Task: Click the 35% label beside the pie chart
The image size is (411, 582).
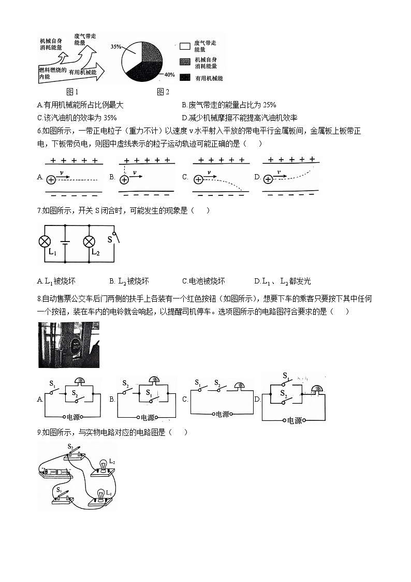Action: [x=115, y=47]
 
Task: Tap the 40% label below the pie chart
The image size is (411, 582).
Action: [x=169, y=75]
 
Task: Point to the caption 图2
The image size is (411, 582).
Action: [x=163, y=92]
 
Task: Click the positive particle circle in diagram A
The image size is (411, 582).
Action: [x=51, y=179]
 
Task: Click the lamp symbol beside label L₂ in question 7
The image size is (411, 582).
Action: [x=90, y=242]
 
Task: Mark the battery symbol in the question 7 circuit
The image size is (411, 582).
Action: [x=65, y=242]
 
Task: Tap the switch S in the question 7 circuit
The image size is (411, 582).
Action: [x=114, y=239]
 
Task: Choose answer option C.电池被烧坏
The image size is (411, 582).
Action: [x=203, y=281]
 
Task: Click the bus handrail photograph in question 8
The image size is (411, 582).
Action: [x=69, y=345]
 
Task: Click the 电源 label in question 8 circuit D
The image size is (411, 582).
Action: [x=294, y=420]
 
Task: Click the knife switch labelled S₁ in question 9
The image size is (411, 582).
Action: [x=62, y=496]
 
